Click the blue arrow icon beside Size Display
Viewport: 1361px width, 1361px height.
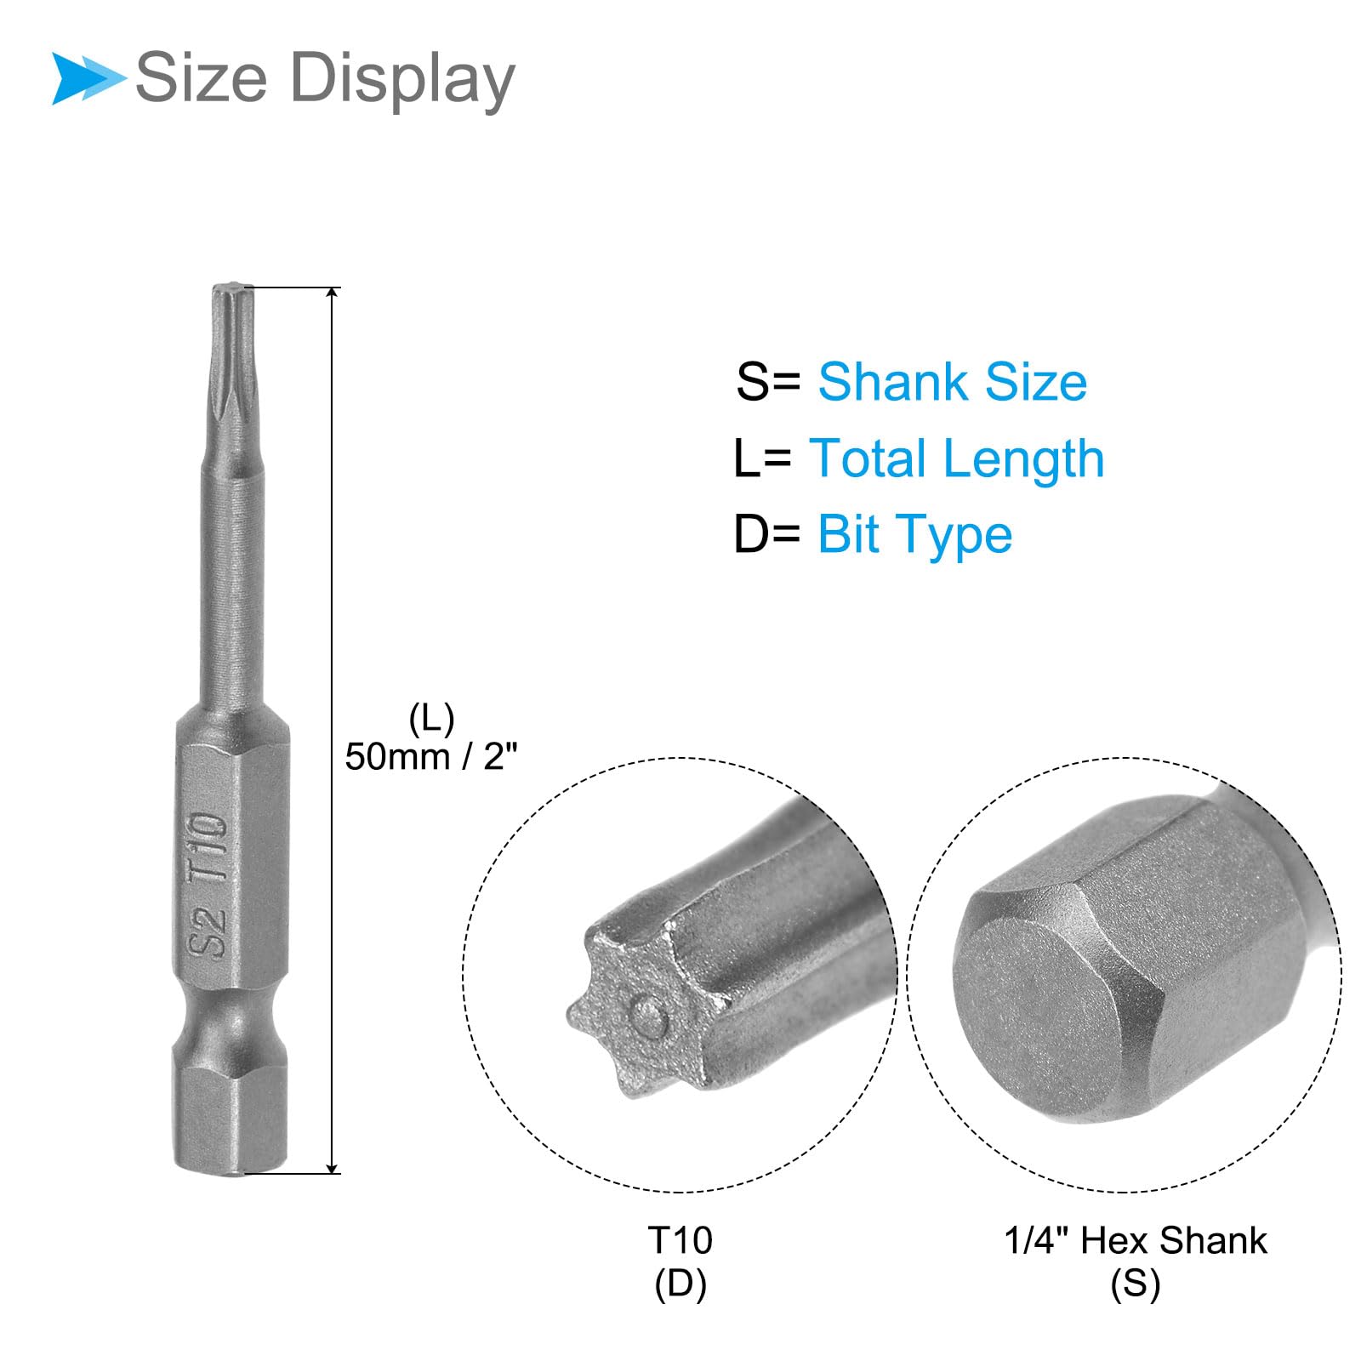tap(88, 78)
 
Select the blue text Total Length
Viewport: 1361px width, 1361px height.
tap(956, 458)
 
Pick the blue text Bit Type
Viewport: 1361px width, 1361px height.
tap(914, 535)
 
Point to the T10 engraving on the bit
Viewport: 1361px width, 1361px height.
tap(207, 847)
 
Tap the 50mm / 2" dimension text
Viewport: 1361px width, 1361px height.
tap(430, 756)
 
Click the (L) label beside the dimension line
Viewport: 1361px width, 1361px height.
tap(431, 719)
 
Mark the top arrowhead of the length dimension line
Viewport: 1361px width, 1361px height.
tap(333, 293)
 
